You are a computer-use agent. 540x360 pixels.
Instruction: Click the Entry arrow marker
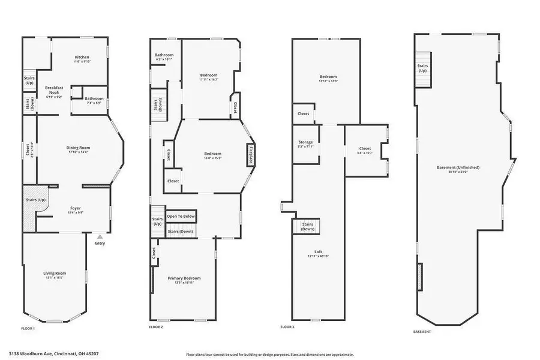click(x=100, y=237)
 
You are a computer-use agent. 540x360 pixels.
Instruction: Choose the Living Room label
click(x=54, y=274)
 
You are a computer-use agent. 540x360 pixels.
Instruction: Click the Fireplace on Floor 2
click(x=248, y=154)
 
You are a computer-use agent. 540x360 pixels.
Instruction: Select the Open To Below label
click(x=181, y=216)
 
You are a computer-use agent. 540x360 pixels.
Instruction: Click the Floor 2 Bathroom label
click(x=164, y=55)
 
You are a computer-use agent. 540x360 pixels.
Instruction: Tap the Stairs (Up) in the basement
click(x=422, y=68)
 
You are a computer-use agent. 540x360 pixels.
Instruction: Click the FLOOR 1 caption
click(x=28, y=328)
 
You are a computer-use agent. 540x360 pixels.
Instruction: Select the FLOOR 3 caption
click(x=288, y=327)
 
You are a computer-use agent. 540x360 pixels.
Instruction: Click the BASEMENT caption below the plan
click(x=423, y=331)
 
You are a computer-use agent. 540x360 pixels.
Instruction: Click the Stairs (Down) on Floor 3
click(x=308, y=226)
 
